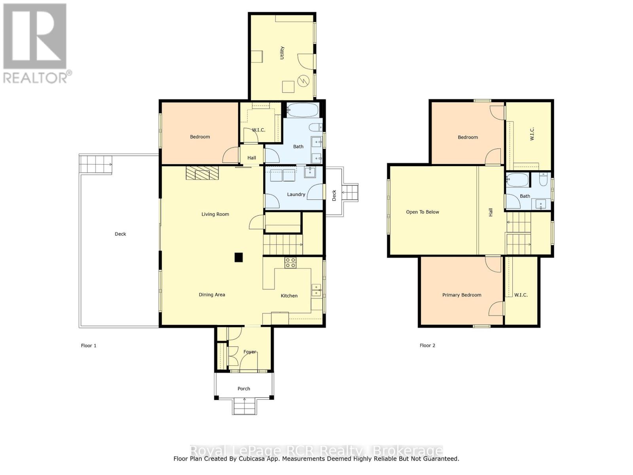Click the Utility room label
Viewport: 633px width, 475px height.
coord(282,53)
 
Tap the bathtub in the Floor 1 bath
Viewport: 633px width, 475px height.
coord(302,110)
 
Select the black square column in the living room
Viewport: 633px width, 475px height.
coord(238,258)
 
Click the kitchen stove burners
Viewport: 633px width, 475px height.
coord(290,263)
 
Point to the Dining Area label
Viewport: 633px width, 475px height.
coord(212,294)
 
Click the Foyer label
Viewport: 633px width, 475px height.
coord(250,351)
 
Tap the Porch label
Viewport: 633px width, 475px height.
coord(244,389)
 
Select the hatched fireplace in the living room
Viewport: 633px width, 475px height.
coord(202,173)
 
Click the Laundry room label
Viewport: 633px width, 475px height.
coord(296,194)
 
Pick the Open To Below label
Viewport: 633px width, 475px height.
coord(423,212)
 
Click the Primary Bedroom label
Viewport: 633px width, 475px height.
coord(462,295)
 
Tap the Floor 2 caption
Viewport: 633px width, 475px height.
coord(427,346)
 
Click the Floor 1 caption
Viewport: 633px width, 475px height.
coord(89,346)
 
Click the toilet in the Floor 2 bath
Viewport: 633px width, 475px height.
coord(543,181)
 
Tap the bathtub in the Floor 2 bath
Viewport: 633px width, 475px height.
coord(517,180)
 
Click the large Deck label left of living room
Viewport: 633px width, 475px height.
coord(120,234)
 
